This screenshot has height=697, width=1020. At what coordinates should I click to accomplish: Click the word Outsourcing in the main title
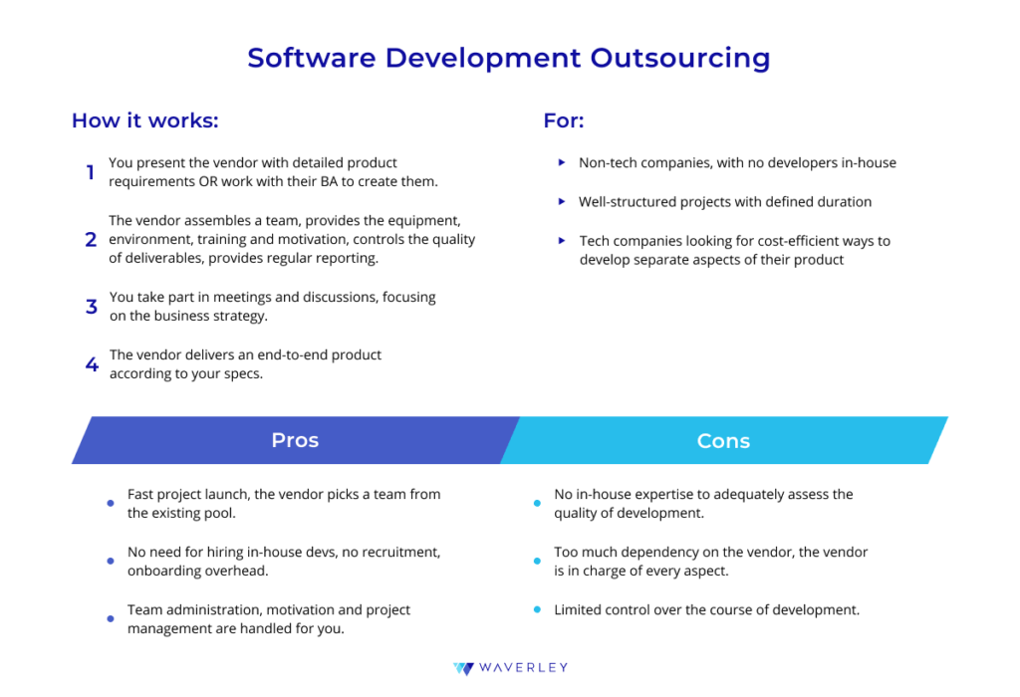[679, 59]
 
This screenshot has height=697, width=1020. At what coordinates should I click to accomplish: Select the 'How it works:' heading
[145, 120]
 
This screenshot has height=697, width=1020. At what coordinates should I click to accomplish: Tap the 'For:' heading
[564, 120]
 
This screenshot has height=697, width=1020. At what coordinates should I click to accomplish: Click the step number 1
[91, 172]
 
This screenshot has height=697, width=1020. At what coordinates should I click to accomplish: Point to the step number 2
[91, 240]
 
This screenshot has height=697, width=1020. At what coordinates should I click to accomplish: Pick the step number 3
[91, 307]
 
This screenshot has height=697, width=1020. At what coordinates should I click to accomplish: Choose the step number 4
[92, 364]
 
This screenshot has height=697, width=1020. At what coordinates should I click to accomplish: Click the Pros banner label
[295, 440]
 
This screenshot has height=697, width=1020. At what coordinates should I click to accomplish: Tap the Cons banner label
[723, 441]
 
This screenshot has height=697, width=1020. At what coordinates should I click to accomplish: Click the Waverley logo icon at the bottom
[464, 668]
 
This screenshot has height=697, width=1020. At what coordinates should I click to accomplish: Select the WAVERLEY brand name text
[524, 668]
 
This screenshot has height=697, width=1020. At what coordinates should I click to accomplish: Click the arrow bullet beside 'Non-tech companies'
[562, 162]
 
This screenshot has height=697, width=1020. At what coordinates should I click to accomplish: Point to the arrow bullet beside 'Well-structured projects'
[562, 201]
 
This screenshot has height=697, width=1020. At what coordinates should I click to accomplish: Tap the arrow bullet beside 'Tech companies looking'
[562, 241]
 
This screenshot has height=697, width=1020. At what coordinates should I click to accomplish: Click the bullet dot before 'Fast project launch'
[111, 503]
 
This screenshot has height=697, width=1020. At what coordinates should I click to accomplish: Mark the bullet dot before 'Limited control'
[537, 609]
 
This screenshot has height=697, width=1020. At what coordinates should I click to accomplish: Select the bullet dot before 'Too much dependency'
[537, 562]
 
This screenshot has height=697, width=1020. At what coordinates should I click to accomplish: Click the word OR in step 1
[208, 181]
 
